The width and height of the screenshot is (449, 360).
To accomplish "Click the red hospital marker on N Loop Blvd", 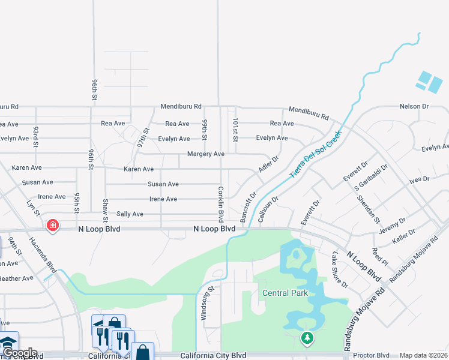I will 53,226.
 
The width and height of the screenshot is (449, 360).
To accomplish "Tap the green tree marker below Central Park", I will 307,339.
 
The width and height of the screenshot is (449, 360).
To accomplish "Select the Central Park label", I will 285,293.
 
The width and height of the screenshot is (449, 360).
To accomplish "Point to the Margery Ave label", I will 206,154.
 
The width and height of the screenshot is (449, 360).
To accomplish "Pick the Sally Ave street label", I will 130,214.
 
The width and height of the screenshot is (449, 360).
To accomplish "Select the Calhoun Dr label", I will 268,209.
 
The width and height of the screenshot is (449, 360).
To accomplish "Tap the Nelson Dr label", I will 414,106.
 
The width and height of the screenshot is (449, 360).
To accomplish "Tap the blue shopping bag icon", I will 143,352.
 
